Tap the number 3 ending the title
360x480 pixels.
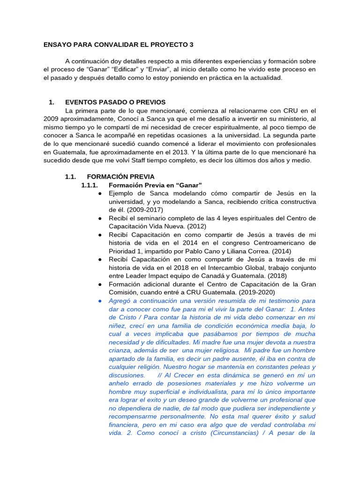[x=191, y=45]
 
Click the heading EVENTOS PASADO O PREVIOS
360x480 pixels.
[x=115, y=102]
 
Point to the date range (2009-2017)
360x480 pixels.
[x=141, y=210]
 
